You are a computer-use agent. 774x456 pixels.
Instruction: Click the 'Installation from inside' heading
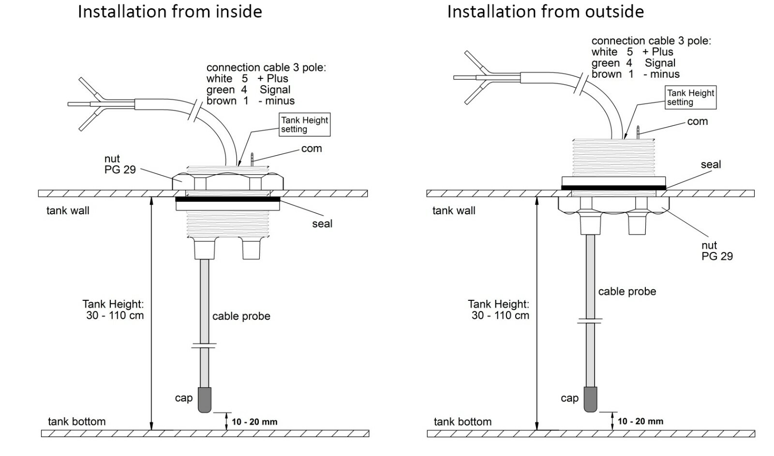pyautogui.click(x=170, y=12)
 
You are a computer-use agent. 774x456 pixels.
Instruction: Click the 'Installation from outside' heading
pyautogui.click(x=546, y=12)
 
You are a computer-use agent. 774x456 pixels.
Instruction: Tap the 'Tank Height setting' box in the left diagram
pyautogui.click(x=304, y=124)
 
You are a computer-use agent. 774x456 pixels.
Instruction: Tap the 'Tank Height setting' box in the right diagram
pyautogui.click(x=690, y=97)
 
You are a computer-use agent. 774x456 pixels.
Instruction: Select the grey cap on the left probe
pyautogui.click(x=205, y=400)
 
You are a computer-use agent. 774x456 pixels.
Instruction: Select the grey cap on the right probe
pyautogui.click(x=591, y=399)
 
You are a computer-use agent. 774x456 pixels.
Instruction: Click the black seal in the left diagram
pyautogui.click(x=228, y=199)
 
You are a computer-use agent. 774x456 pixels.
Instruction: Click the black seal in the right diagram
pyautogui.click(x=614, y=188)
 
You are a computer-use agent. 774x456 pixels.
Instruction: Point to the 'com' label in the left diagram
pyautogui.click(x=312, y=148)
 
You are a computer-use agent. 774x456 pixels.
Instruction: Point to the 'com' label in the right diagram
pyautogui.click(x=697, y=121)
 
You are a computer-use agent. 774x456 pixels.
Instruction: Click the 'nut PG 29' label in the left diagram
pyautogui.click(x=120, y=164)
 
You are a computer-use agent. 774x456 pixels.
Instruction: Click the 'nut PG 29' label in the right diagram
pyautogui.click(x=717, y=250)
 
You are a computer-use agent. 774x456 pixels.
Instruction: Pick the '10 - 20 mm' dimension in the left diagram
pyautogui.click(x=254, y=422)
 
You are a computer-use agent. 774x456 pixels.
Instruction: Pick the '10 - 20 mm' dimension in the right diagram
pyautogui.click(x=640, y=422)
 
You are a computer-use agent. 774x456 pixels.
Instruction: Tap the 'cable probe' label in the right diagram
pyautogui.click(x=627, y=292)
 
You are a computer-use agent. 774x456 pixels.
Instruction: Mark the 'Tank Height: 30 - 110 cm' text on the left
pyautogui.click(x=113, y=309)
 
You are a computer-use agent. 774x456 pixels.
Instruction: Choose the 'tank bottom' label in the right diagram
pyautogui.click(x=462, y=422)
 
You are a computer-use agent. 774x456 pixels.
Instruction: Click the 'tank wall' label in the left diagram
pyautogui.click(x=68, y=211)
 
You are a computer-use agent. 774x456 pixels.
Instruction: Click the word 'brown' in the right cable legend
pyautogui.click(x=607, y=74)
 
